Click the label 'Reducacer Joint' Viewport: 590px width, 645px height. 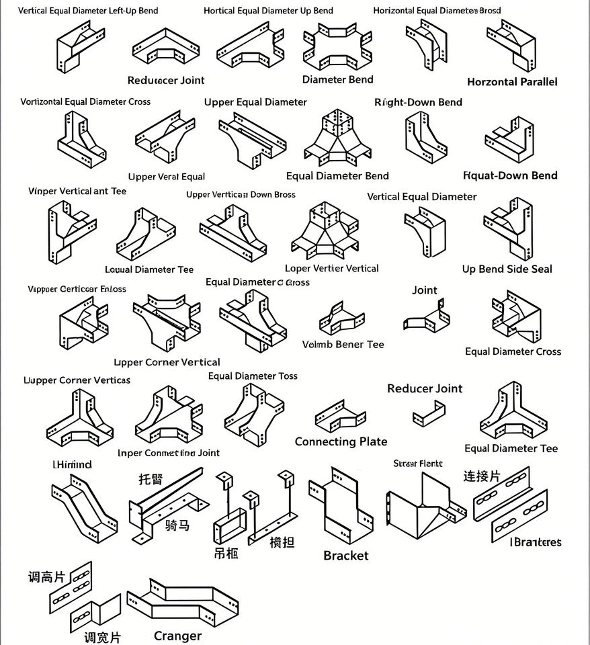(166, 80)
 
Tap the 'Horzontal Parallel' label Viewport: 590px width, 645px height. (512, 82)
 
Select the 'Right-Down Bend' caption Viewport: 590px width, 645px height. (418, 102)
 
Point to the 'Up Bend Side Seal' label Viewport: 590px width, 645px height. (507, 269)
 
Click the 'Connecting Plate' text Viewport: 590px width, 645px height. (341, 441)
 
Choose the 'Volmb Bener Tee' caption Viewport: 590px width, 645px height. (343, 344)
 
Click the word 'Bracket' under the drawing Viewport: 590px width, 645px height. (345, 556)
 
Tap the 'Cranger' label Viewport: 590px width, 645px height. (177, 636)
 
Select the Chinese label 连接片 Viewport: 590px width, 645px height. (482, 476)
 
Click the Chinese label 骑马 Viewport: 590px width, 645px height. (177, 525)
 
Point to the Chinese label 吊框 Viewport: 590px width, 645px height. (226, 553)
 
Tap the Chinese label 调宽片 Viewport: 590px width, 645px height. (102, 637)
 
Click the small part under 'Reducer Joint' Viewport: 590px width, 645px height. (429, 413)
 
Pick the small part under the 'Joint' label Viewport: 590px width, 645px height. (427, 316)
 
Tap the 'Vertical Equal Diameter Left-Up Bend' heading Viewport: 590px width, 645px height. (88, 11)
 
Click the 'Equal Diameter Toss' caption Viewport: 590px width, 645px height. (253, 376)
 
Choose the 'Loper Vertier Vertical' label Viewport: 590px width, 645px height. (332, 268)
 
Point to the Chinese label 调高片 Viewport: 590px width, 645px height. (46, 577)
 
